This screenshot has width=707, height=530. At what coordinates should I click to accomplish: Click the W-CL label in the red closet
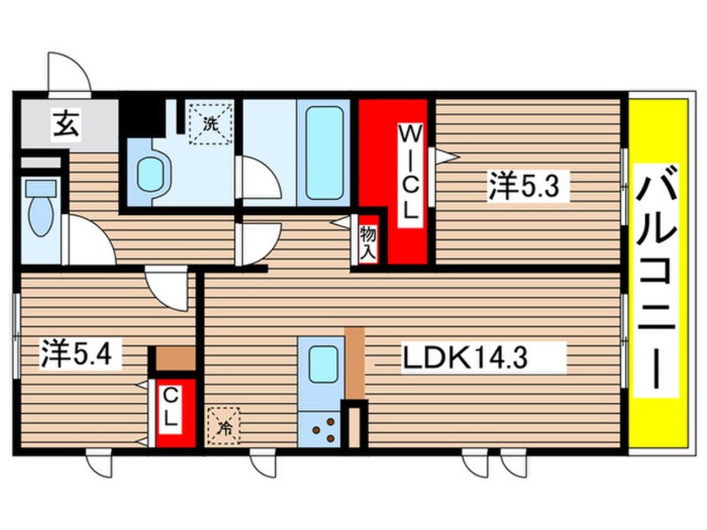(408, 172)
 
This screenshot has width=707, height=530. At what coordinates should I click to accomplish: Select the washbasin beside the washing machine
(150, 174)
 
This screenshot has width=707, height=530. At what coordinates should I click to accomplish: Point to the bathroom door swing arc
(260, 177)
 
